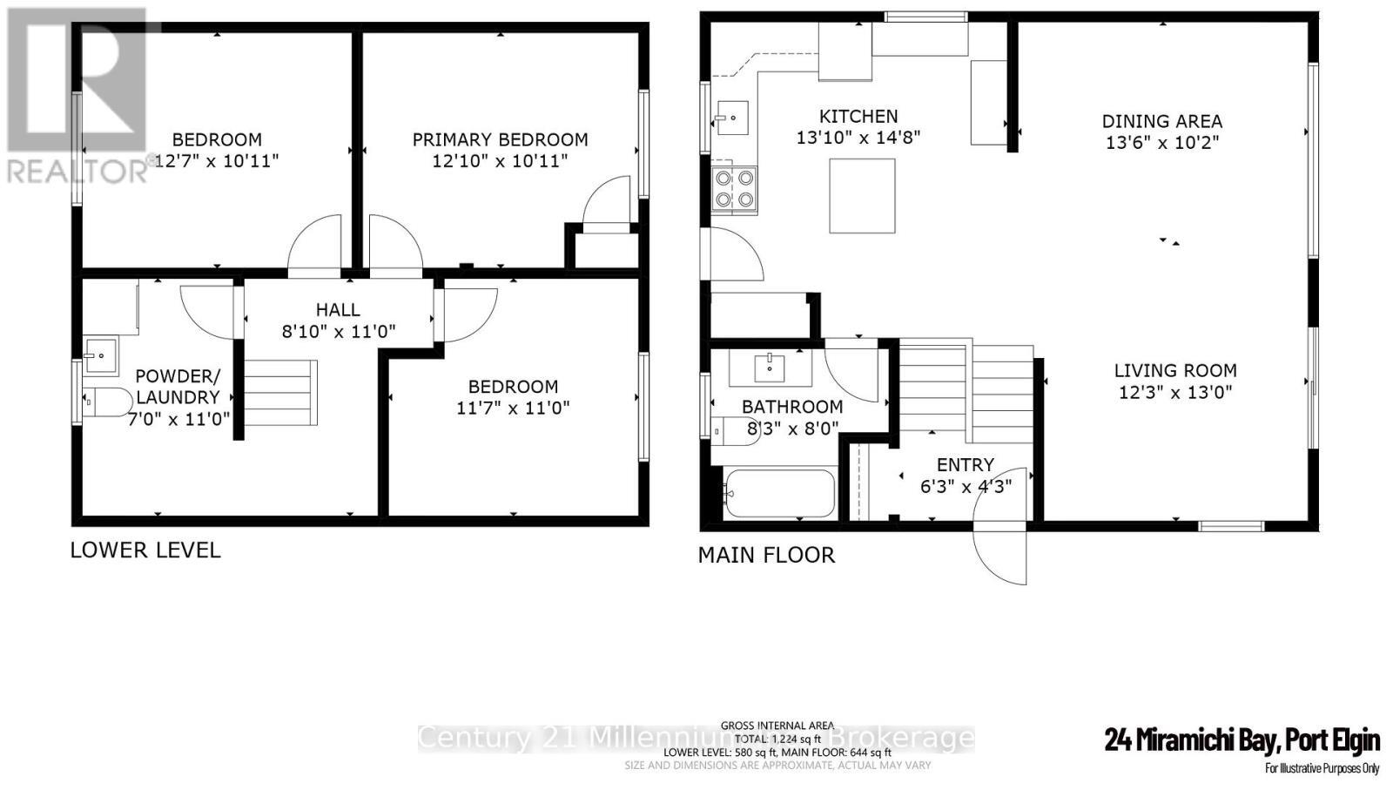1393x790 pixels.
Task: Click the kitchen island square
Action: click(862, 196)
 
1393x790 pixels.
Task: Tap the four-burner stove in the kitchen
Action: click(734, 189)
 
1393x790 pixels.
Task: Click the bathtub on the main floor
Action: click(779, 494)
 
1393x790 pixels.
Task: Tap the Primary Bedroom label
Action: click(500, 139)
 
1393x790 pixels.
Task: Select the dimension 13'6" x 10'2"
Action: click(1161, 143)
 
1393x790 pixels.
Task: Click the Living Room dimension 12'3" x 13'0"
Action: click(1174, 392)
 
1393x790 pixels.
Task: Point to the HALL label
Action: click(338, 309)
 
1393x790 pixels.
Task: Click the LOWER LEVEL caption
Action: click(145, 550)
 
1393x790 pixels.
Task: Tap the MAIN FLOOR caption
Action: click(766, 555)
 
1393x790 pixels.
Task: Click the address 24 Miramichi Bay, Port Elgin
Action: click(1242, 740)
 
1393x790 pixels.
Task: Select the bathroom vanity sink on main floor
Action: click(771, 368)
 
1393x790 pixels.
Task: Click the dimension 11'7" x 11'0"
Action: click(513, 408)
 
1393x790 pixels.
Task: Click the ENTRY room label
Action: click(965, 465)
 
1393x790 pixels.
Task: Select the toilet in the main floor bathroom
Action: click(733, 429)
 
